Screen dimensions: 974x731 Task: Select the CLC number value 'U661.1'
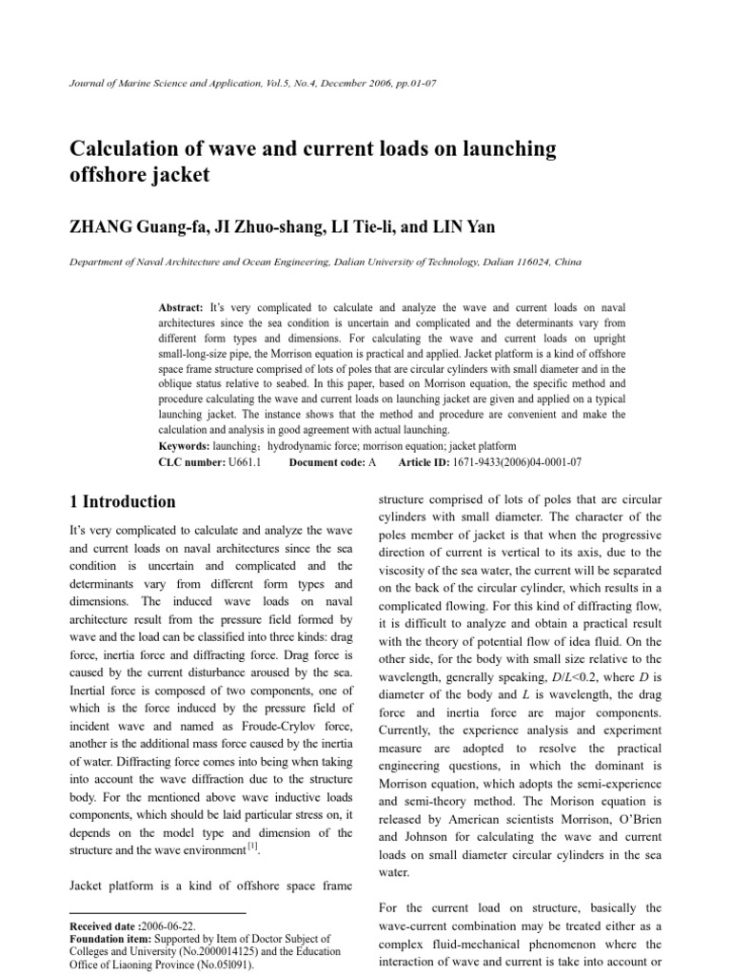[x=243, y=461]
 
